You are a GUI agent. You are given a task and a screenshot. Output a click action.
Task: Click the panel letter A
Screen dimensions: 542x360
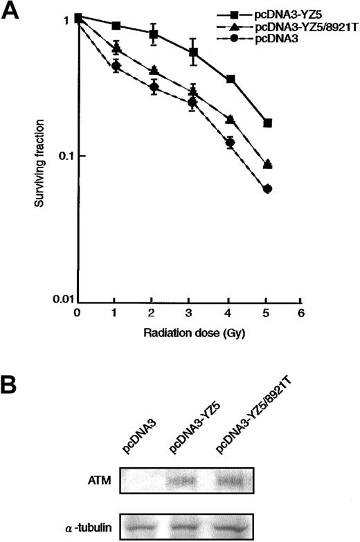[13, 13]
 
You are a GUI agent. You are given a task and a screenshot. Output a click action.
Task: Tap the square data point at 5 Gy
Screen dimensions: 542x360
[268, 123]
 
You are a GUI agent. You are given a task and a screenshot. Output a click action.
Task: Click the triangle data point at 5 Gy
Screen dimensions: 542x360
[268, 164]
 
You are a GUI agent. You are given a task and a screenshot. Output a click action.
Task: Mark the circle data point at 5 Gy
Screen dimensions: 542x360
[268, 189]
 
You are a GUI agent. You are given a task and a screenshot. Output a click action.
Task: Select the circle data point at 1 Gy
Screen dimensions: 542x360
[116, 66]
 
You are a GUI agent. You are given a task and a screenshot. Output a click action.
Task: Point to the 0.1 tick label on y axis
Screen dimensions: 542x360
[65, 156]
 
